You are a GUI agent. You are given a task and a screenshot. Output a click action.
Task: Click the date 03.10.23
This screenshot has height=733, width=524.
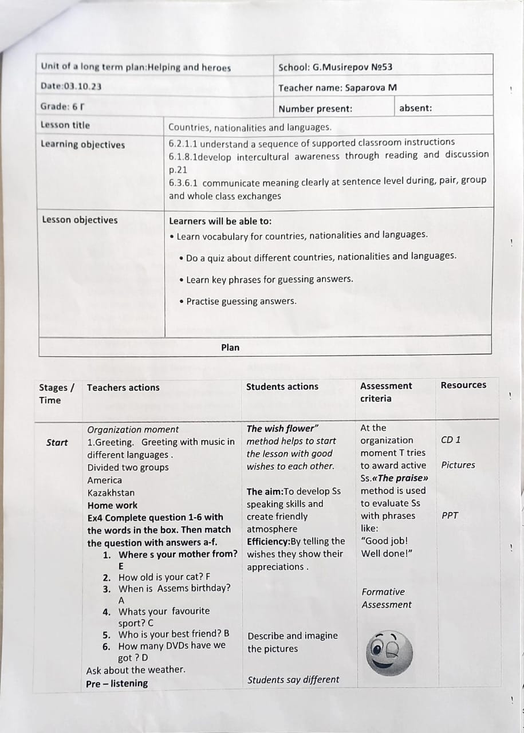[x=83, y=86]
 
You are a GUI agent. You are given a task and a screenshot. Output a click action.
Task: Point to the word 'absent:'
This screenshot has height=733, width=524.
[x=415, y=108]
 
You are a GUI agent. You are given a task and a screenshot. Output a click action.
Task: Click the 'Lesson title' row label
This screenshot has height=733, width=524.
[x=65, y=125]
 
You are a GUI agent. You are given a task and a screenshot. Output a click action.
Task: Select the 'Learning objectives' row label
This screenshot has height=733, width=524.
[x=82, y=144]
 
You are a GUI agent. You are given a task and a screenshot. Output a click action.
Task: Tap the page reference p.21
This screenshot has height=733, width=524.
[x=178, y=170]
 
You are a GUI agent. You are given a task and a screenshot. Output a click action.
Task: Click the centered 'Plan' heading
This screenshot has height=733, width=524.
[x=230, y=347]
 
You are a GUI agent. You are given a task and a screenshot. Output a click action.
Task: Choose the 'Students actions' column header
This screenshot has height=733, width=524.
[x=282, y=387]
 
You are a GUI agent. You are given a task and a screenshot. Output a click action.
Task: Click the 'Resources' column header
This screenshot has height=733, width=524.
[x=463, y=385]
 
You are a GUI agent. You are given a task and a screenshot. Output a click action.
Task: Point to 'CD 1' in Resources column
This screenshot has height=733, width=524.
[x=451, y=440]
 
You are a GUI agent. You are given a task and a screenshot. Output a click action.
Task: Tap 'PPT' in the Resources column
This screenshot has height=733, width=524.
[x=450, y=515]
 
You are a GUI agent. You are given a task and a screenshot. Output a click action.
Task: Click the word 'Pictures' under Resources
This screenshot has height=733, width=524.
[x=458, y=465]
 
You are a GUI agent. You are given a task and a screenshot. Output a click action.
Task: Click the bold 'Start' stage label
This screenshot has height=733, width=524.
[x=57, y=442]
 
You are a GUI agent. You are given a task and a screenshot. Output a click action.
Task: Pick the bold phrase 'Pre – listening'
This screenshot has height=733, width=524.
[x=117, y=683]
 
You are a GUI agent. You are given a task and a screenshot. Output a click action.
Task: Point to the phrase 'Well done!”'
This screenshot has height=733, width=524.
[x=387, y=553]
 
